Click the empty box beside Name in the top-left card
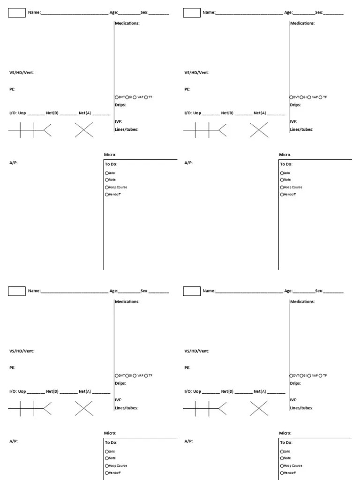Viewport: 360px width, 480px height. (x=17, y=13)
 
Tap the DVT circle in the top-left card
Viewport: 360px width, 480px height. (x=117, y=97)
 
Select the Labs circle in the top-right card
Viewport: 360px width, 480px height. (x=282, y=173)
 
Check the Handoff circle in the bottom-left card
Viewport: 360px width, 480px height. (x=107, y=472)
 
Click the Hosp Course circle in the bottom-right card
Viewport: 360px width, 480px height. (x=282, y=465)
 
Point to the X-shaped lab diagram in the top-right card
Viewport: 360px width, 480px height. (x=259, y=130)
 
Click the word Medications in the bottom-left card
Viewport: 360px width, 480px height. (x=127, y=302)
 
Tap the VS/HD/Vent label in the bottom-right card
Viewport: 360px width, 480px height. (x=197, y=351)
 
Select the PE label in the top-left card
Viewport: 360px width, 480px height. (x=12, y=89)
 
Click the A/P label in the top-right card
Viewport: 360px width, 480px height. (x=188, y=163)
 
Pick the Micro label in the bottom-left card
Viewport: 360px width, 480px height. (x=110, y=433)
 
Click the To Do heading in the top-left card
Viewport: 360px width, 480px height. (x=111, y=165)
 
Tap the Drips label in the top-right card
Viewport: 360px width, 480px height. (x=295, y=105)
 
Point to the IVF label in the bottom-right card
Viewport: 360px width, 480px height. (x=294, y=400)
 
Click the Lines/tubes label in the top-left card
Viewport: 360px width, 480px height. (x=127, y=129)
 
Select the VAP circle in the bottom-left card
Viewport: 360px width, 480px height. (x=135, y=375)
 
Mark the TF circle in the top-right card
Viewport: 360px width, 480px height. (x=321, y=97)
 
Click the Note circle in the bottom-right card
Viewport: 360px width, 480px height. (x=282, y=458)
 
